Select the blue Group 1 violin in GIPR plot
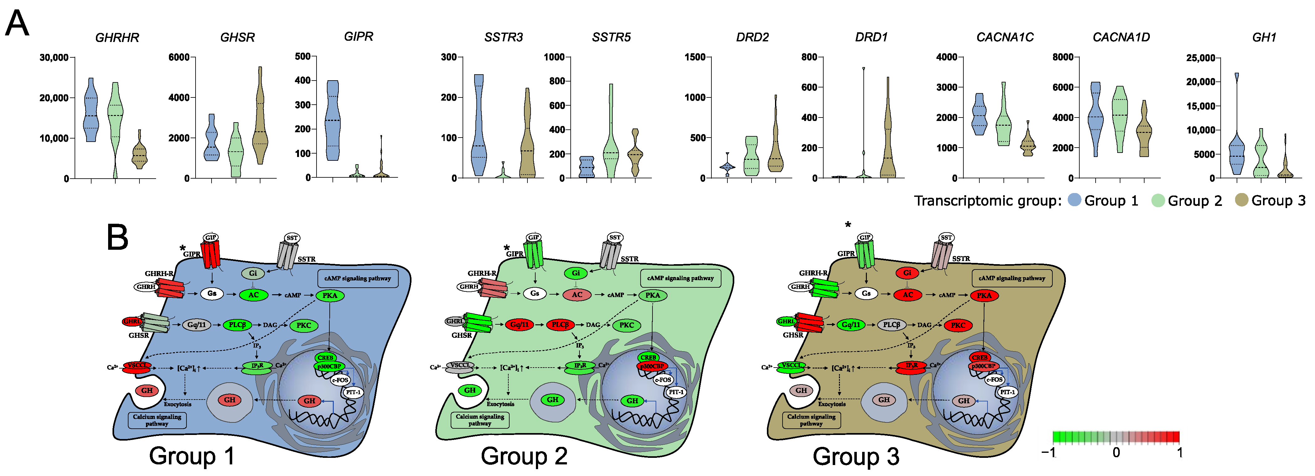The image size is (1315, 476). (333, 120)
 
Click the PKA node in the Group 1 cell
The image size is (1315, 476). (330, 296)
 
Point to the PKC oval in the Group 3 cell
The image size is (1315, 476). (958, 325)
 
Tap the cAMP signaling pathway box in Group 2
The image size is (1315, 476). (680, 278)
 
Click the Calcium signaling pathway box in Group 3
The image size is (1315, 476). (811, 420)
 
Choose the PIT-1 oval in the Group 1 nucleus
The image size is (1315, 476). (353, 392)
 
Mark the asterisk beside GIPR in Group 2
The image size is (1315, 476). (506, 248)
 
